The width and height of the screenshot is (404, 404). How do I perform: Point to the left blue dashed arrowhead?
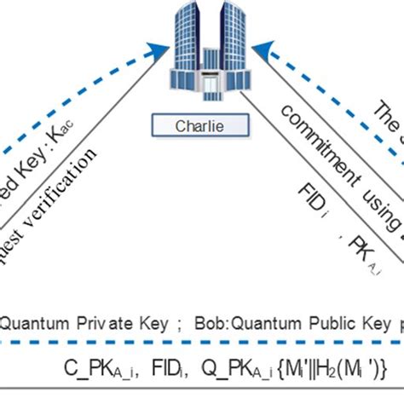pyautogui.click(x=159, y=53)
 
